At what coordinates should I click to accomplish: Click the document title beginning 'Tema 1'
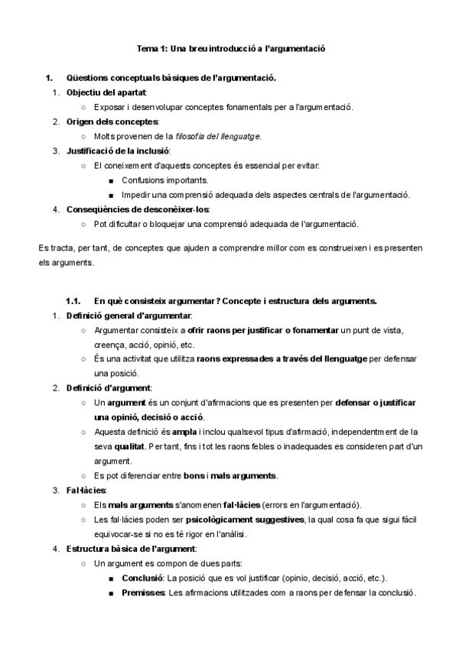[x=230, y=48]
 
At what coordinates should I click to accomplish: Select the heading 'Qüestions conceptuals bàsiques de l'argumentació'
[x=171, y=78]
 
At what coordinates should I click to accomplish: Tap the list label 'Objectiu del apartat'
[x=101, y=92]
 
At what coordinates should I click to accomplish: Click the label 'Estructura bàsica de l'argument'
[x=131, y=549]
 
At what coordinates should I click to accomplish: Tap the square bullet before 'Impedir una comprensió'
[x=112, y=195]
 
